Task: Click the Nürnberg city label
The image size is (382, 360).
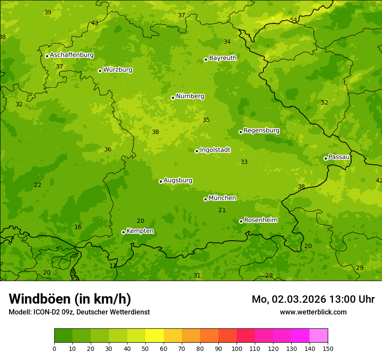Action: (190, 96)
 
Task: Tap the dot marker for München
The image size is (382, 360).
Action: (205, 199)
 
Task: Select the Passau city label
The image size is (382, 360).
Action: (339, 157)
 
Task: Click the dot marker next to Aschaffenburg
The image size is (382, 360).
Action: (47, 56)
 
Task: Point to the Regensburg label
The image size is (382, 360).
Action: (261, 131)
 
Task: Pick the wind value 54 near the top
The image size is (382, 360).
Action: (293, 20)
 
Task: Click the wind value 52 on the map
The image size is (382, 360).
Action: (325, 103)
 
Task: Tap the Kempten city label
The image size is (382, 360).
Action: (140, 231)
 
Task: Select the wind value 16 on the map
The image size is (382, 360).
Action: (78, 227)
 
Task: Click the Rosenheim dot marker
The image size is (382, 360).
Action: (241, 221)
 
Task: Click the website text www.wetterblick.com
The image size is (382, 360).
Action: (313, 312)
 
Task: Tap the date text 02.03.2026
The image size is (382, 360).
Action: (300, 299)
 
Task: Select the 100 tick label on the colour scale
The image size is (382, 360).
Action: (237, 348)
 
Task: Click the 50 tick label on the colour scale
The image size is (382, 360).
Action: (145, 348)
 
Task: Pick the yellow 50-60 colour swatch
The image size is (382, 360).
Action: (155, 336)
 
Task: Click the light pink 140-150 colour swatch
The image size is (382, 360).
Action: (319, 336)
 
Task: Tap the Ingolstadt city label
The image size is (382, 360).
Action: (215, 150)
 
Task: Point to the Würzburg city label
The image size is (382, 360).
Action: (118, 70)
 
